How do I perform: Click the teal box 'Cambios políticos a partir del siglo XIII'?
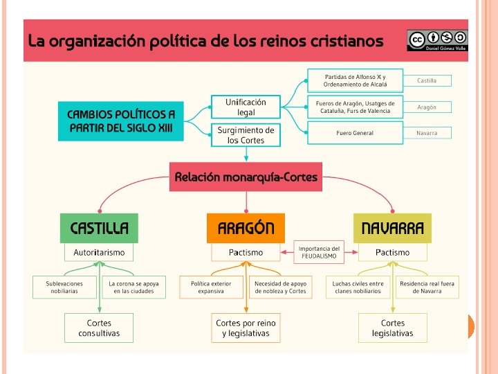(x=121, y=121)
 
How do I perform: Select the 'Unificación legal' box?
(x=246, y=107)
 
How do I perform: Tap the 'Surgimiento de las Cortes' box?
(x=246, y=135)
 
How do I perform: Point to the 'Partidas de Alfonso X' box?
(x=355, y=80)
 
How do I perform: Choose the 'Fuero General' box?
(x=355, y=132)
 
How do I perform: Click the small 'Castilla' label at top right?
(x=427, y=81)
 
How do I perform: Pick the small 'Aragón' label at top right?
(x=427, y=107)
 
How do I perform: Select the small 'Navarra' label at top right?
(x=427, y=132)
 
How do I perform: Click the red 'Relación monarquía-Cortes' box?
(x=246, y=177)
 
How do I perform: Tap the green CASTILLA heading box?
(x=99, y=229)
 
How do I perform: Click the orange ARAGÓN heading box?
(x=246, y=229)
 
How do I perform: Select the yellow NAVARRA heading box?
(x=392, y=229)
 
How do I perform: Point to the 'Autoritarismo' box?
(x=99, y=253)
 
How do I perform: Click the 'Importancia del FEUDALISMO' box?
(x=319, y=252)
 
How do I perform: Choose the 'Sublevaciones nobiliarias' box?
(x=64, y=287)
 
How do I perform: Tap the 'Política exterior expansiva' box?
(x=211, y=287)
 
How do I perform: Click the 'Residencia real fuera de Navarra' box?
(x=426, y=287)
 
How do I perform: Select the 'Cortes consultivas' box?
(x=99, y=328)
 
